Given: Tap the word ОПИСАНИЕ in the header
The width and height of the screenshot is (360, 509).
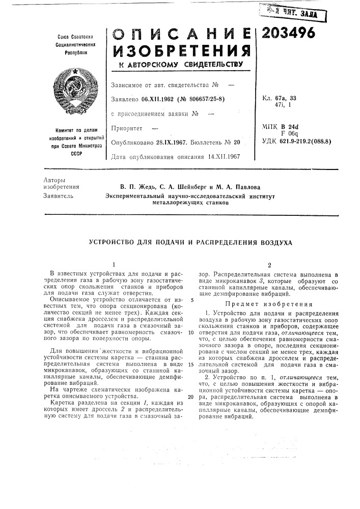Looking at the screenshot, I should (180, 34).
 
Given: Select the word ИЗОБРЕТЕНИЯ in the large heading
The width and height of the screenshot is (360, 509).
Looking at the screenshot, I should (180, 51).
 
